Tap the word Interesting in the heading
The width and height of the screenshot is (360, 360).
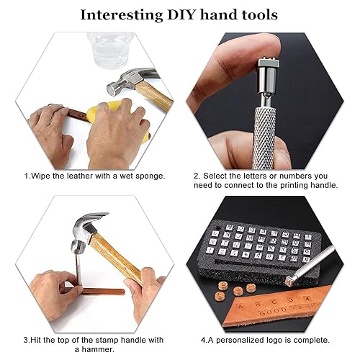122,15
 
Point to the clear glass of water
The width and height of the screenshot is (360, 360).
110,50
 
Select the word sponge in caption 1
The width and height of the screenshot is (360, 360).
150,176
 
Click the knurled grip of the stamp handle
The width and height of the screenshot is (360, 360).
264,137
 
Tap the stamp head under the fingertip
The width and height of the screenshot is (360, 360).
269,63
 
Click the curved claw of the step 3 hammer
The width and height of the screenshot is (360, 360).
96,217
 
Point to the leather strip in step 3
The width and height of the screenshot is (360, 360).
101,292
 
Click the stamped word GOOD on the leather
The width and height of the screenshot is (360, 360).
273,312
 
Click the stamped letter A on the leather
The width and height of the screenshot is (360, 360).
240,307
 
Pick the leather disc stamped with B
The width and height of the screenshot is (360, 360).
224,286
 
